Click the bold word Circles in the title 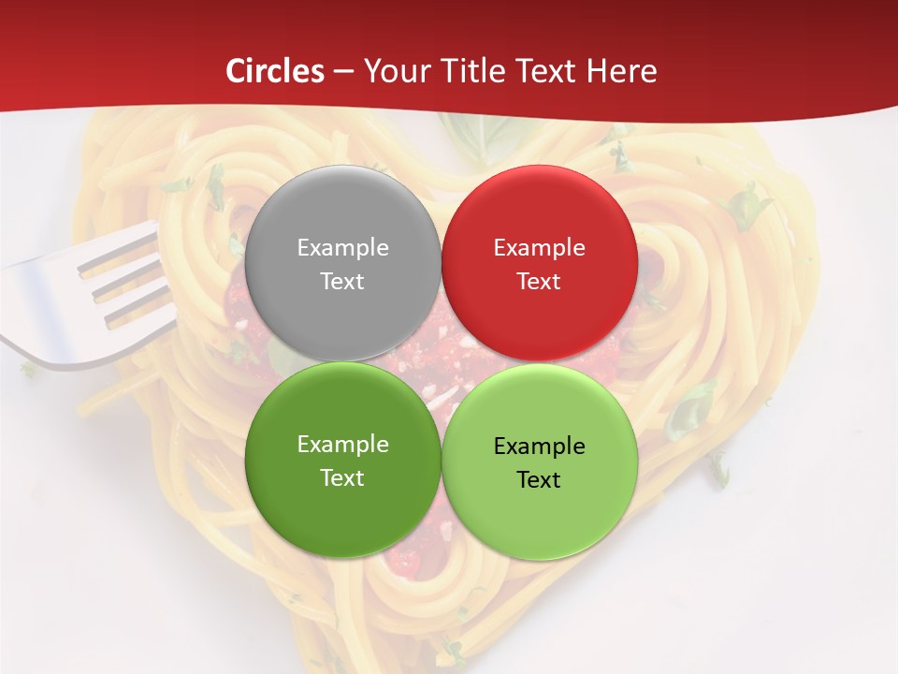[275, 71]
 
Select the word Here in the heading [622, 71]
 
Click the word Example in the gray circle [342, 248]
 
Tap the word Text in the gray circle [342, 282]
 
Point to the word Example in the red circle [539, 248]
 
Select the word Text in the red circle [539, 282]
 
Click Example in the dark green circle [342, 445]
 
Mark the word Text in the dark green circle [342, 478]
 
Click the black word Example [539, 447]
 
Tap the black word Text [539, 480]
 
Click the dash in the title [343, 72]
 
